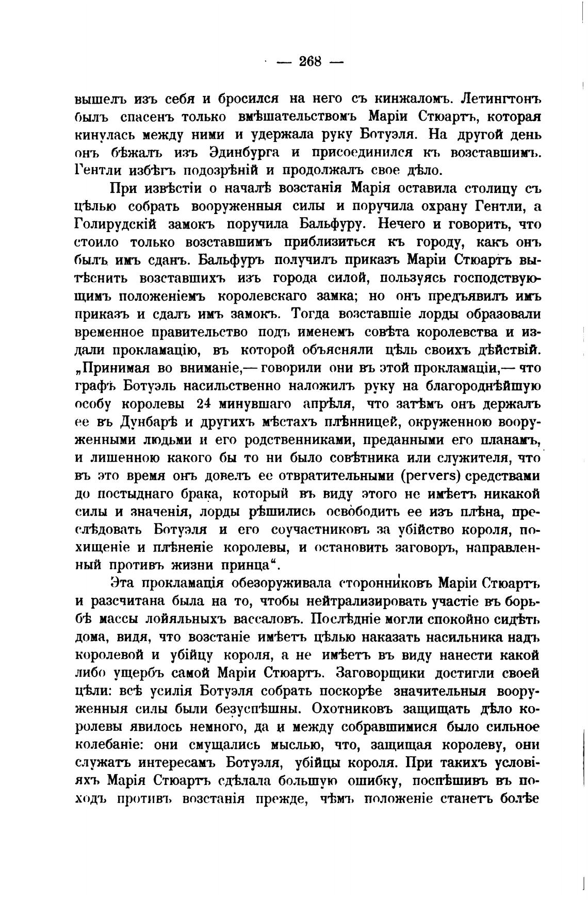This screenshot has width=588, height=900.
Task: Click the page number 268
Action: (x=310, y=62)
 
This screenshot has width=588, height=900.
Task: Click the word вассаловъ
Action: (x=264, y=620)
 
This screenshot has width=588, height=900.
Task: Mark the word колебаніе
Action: (x=115, y=745)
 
